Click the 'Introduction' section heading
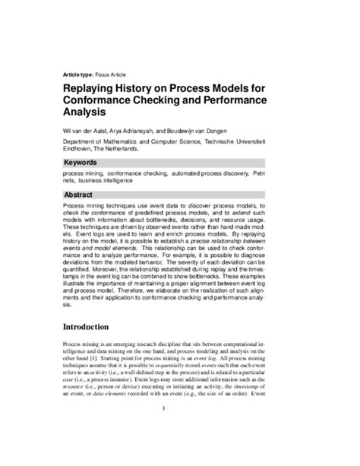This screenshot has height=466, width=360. coord(94,327)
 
